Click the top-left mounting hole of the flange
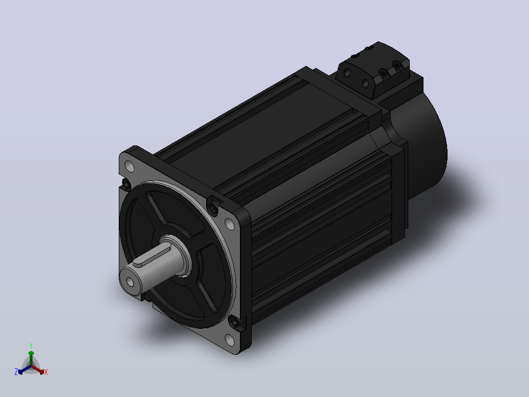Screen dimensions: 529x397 click(x=129, y=166)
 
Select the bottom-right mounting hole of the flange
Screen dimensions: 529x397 click(x=230, y=340)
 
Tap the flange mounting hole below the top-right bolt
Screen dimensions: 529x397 click(x=230, y=224)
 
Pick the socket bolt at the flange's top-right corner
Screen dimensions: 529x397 click(x=212, y=209)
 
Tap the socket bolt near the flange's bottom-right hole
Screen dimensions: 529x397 click(x=234, y=321)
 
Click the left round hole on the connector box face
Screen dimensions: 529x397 click(x=347, y=73)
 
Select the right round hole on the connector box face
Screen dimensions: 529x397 click(x=365, y=83)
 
